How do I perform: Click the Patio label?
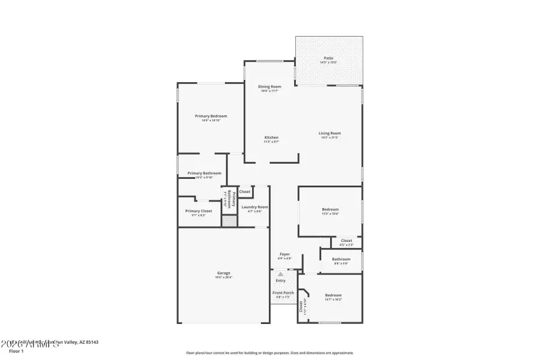[x=329, y=58]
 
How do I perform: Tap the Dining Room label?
[x=269, y=86]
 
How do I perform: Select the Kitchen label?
[x=271, y=137]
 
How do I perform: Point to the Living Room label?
[x=329, y=133]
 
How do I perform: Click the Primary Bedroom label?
[x=211, y=116]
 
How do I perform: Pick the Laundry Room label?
[x=251, y=207]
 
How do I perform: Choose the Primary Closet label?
[x=198, y=211]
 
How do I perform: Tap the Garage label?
[x=223, y=273]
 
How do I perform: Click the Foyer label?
[x=284, y=254]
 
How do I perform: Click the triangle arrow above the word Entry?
[x=280, y=274]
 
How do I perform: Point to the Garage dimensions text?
[x=223, y=277]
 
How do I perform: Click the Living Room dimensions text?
[x=330, y=137]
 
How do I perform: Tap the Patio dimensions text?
[x=329, y=62]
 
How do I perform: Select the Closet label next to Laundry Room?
[x=245, y=191]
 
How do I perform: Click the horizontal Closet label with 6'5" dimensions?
[x=346, y=241]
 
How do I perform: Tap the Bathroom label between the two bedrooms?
[x=341, y=259]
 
